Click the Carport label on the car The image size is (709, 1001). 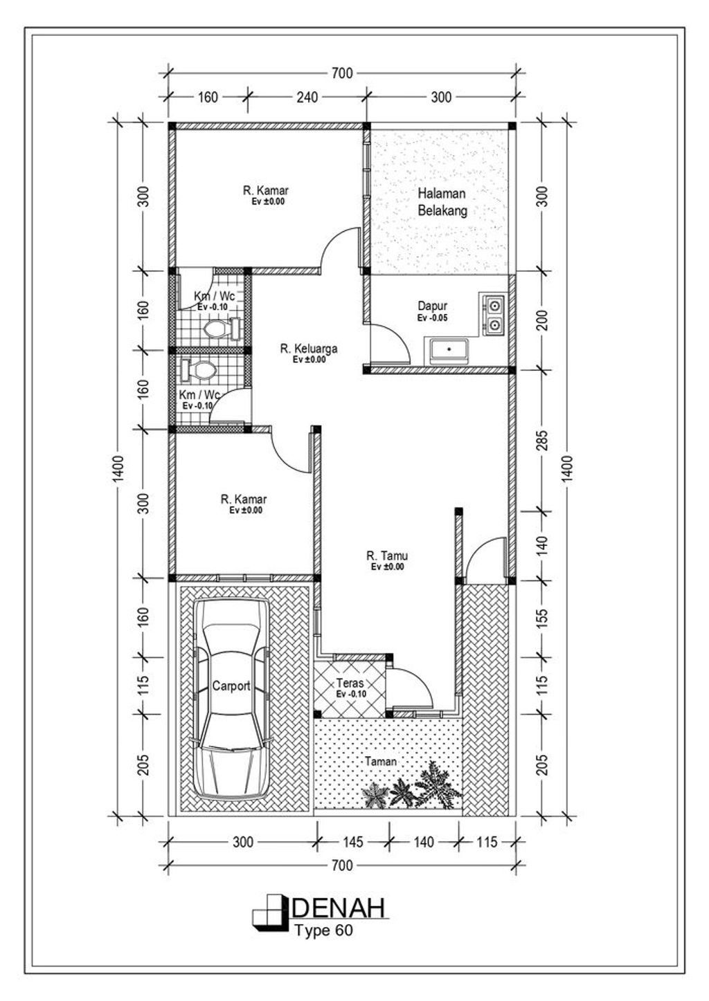click(x=231, y=686)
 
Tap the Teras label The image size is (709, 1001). click(x=350, y=683)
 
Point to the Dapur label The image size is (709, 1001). click(x=432, y=306)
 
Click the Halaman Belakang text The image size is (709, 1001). click(x=442, y=203)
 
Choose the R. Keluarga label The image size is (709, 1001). click(x=308, y=349)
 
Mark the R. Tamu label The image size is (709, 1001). click(x=387, y=555)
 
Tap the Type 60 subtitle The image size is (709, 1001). click(x=323, y=930)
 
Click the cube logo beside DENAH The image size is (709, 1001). click(x=269, y=911)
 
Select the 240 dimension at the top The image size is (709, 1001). click(x=307, y=98)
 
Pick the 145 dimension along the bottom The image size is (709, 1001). click(x=352, y=842)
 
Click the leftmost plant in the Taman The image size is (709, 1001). click(x=375, y=796)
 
